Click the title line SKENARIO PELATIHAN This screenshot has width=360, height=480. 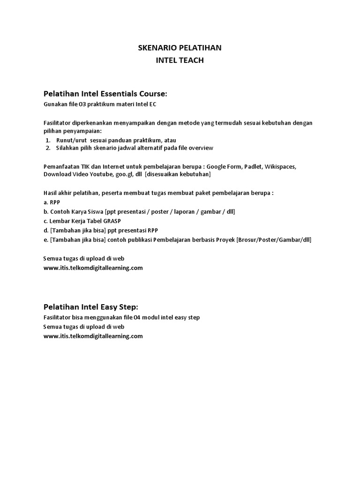[x=180, y=48]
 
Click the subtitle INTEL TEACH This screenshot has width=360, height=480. [x=180, y=60]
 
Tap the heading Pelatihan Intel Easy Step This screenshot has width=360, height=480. [x=90, y=307]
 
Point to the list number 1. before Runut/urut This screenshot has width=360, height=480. [x=48, y=140]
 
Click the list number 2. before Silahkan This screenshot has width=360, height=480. [x=48, y=148]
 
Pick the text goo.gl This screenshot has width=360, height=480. [x=124, y=174]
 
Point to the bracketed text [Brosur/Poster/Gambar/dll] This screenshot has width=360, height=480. [x=274, y=240]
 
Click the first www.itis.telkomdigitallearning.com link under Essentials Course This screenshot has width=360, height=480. [x=93, y=268]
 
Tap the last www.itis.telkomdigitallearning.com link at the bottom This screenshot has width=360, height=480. [x=93, y=336]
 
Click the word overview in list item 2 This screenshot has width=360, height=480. [x=201, y=148]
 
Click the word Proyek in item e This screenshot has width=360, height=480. [x=225, y=240]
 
